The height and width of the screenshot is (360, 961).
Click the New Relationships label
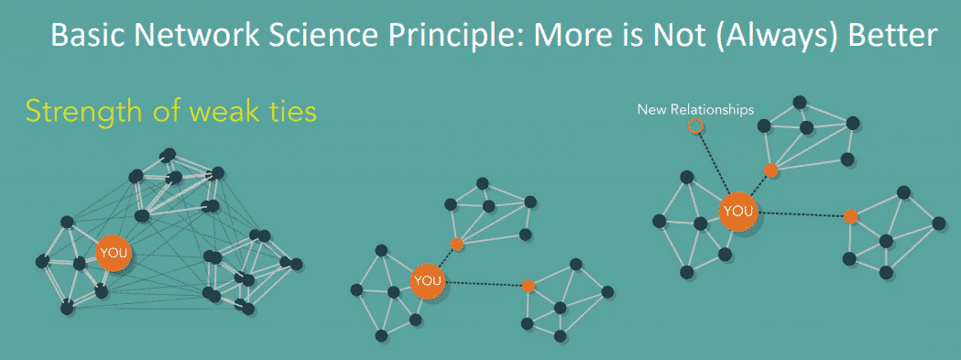696,109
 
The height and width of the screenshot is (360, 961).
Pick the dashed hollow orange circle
696,126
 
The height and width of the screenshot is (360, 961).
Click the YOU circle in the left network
115,253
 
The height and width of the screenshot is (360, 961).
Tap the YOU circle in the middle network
427,280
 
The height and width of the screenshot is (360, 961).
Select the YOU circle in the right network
737,212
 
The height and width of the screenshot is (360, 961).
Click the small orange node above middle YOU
457,245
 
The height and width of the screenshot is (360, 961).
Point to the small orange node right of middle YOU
528,285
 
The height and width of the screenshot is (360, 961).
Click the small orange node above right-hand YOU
771,169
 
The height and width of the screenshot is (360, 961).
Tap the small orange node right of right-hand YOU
850,216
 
